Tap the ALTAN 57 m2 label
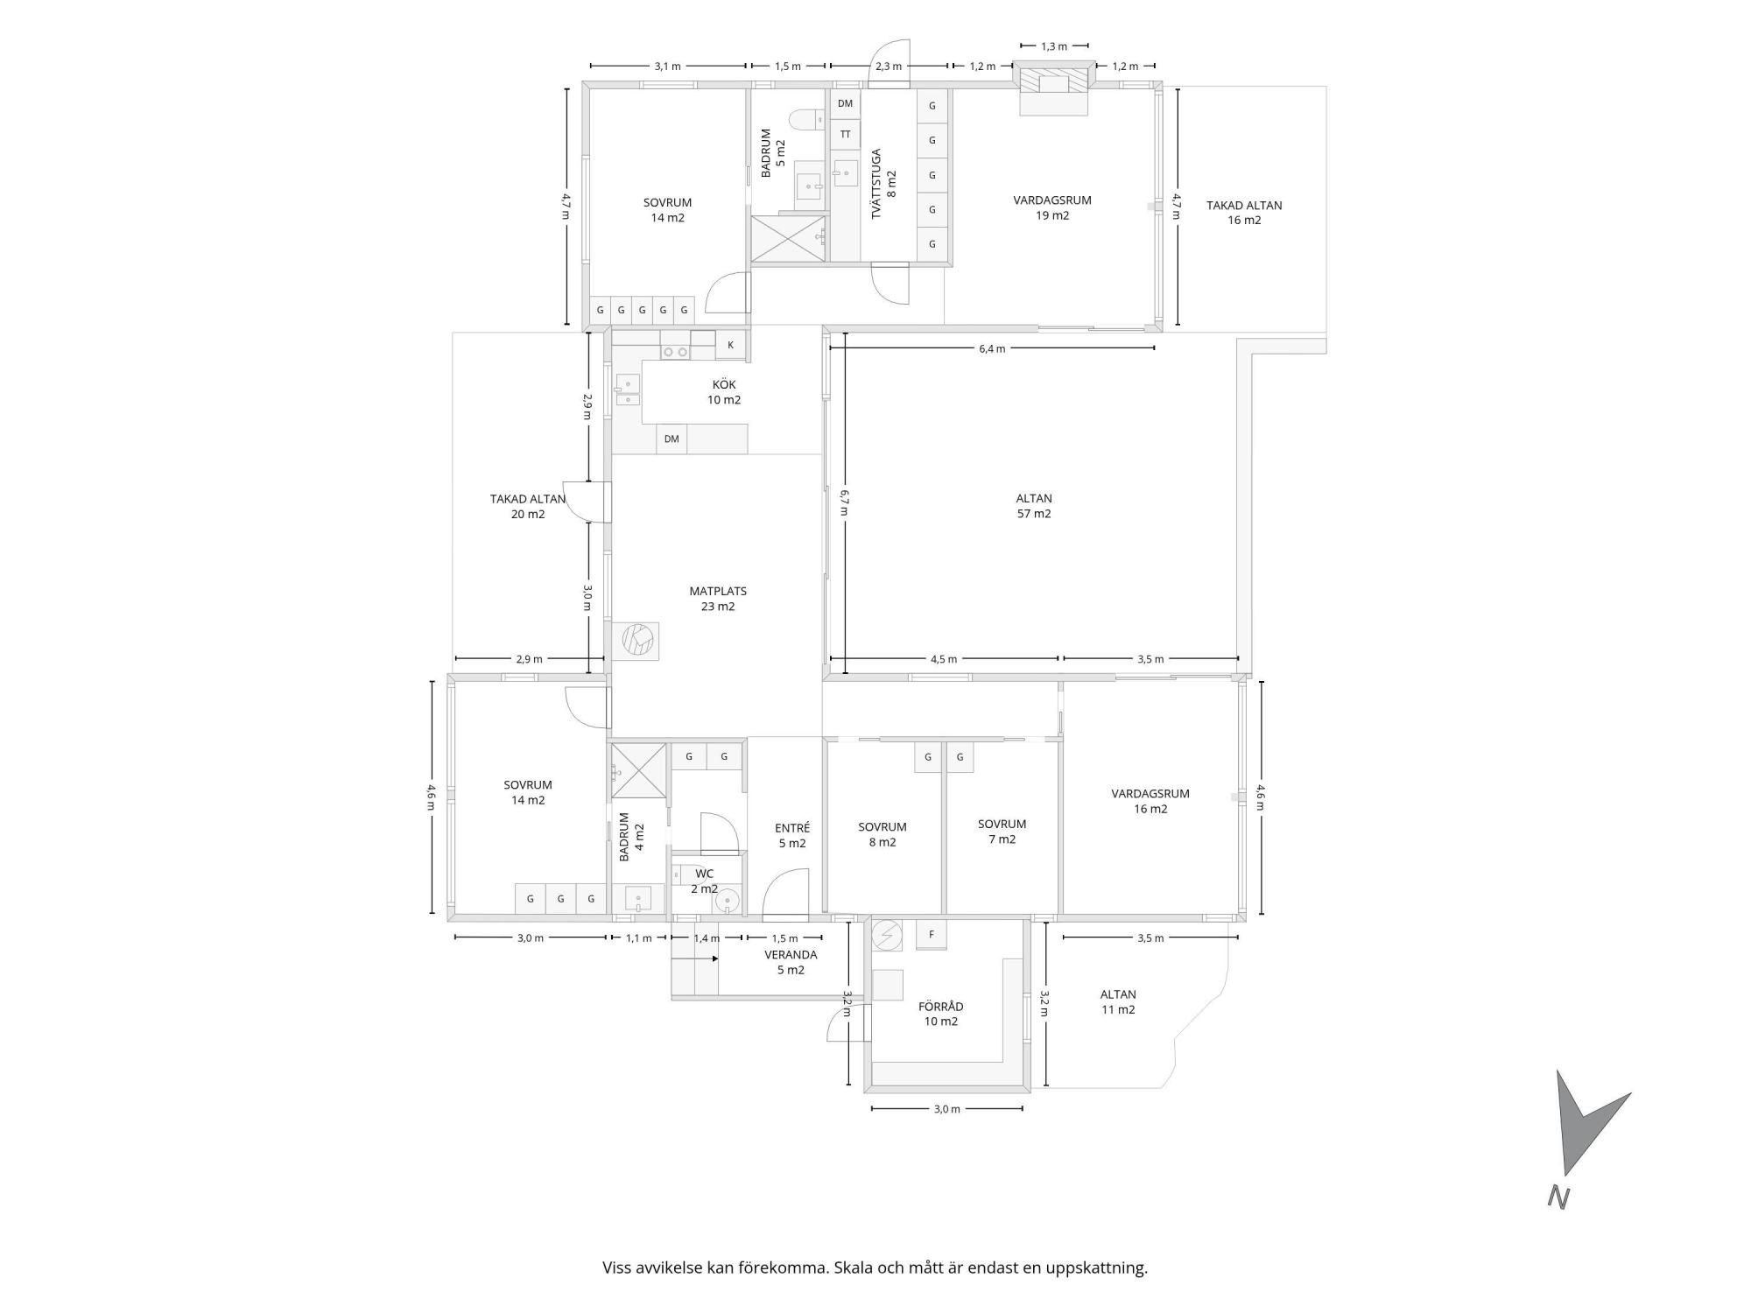pyautogui.click(x=1034, y=506)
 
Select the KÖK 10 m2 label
pyautogui.click(x=724, y=392)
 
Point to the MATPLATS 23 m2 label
pyautogui.click(x=718, y=599)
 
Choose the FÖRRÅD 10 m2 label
pyautogui.click(x=941, y=1014)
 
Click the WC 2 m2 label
pyautogui.click(x=705, y=881)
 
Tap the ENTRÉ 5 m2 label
pyautogui.click(x=792, y=835)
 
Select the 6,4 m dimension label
pyautogui.click(x=992, y=348)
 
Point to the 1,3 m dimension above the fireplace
pyautogui.click(x=1054, y=46)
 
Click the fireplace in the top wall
pyautogui.click(x=1054, y=88)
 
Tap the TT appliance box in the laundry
pyautogui.click(x=845, y=135)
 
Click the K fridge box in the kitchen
pyautogui.click(x=730, y=345)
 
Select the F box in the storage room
pyautogui.click(x=932, y=935)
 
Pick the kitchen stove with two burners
pyautogui.click(x=675, y=352)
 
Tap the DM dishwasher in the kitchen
pyautogui.click(x=672, y=439)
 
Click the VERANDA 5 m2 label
pyautogui.click(x=791, y=962)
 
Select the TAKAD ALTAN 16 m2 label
pyautogui.click(x=1244, y=213)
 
